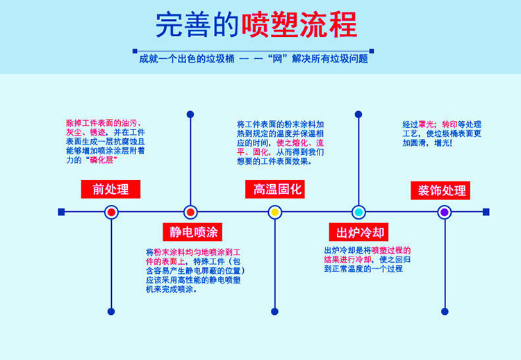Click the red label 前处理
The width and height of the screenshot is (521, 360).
(110, 188)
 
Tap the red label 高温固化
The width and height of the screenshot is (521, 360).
(274, 188)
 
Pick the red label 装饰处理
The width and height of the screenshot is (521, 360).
(443, 190)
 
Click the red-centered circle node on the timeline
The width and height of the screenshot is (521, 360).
(190, 212)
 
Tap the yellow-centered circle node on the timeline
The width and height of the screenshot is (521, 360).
(274, 212)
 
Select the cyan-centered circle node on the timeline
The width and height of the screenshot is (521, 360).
(359, 212)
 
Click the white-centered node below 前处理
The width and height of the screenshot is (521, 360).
(110, 212)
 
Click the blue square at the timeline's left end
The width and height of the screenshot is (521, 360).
(61, 212)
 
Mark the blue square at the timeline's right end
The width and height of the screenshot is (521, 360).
(486, 212)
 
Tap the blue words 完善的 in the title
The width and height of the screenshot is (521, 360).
(197, 26)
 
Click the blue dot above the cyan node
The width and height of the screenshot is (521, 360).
(359, 114)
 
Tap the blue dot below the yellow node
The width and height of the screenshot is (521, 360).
(274, 311)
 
